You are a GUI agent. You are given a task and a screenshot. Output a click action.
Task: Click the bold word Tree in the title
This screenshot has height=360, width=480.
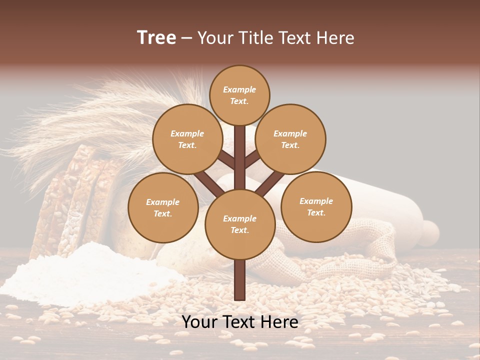[x=156, y=37]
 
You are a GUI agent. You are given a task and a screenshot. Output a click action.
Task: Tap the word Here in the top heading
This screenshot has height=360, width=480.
[x=335, y=37]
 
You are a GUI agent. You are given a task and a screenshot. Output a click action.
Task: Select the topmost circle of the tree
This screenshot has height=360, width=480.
[x=239, y=95]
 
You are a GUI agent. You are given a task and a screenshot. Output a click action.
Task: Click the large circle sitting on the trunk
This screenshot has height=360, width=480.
[x=240, y=224]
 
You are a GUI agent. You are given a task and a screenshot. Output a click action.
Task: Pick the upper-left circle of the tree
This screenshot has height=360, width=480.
[x=187, y=139]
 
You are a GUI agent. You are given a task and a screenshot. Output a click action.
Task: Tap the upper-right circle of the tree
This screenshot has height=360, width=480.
[x=290, y=139]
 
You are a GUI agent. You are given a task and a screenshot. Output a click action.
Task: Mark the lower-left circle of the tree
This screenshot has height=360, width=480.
[x=163, y=208]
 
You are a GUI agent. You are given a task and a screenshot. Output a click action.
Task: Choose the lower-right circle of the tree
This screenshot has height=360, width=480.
[x=316, y=207]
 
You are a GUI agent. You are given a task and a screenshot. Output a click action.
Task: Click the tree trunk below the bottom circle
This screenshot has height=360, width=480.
[x=240, y=280]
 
